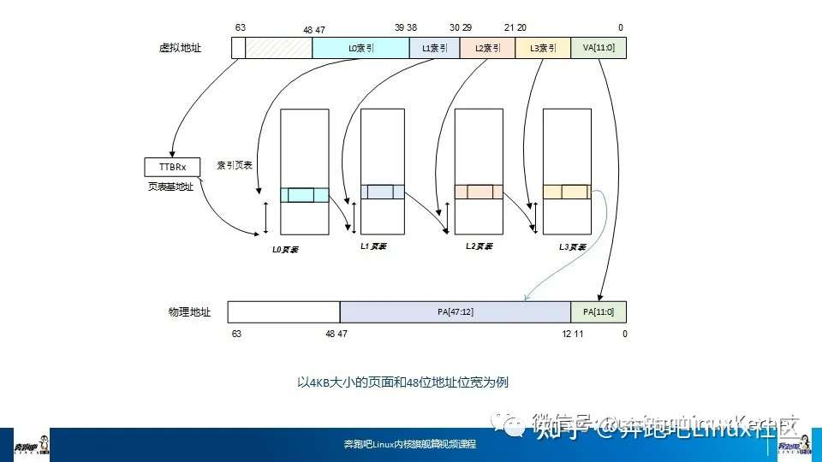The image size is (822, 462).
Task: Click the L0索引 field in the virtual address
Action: [360, 49]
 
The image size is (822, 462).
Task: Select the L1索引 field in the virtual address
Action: [435, 49]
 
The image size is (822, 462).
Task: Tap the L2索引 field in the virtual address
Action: [487, 49]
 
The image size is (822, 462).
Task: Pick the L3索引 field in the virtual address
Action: [543, 49]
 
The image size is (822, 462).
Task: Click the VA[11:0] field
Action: [599, 49]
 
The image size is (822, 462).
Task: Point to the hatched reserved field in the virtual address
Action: [278, 49]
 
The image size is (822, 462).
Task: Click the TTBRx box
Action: [173, 166]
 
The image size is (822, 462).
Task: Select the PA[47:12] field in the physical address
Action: [455, 312]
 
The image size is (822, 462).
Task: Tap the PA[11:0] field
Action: [599, 312]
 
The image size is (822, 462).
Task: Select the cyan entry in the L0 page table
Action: [304, 195]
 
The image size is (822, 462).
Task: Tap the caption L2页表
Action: [479, 246]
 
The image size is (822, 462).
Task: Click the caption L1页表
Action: [373, 246]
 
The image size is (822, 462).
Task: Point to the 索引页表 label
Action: [235, 165]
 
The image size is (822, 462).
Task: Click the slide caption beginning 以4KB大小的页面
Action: [402, 382]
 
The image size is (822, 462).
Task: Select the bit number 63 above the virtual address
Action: [241, 28]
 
